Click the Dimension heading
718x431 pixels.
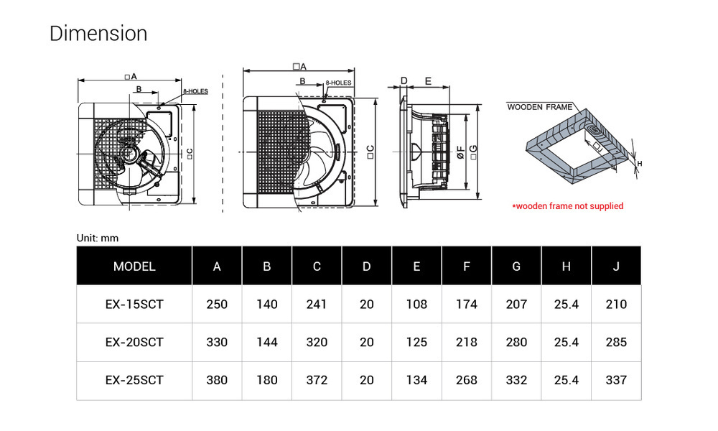coord(98,34)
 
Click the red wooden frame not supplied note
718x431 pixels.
coord(567,206)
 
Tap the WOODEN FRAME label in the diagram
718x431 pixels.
coord(540,107)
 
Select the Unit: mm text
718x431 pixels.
coord(98,238)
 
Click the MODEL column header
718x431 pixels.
coord(134,267)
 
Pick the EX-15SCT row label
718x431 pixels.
coord(134,305)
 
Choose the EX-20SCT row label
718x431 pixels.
coord(134,343)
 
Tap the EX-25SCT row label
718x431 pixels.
coord(134,381)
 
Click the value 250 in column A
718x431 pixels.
coord(217,305)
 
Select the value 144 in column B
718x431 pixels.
coord(267,343)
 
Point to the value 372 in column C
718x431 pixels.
coord(317,381)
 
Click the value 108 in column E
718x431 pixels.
coord(416,305)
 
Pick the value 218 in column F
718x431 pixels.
coord(467,343)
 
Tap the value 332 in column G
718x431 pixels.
coord(516,381)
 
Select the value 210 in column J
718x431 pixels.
coord(616,305)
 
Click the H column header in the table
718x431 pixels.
coord(567,267)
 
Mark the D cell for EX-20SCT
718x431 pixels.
coord(367,343)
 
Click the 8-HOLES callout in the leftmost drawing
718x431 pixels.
coord(195,92)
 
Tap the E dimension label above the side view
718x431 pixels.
coord(428,81)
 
